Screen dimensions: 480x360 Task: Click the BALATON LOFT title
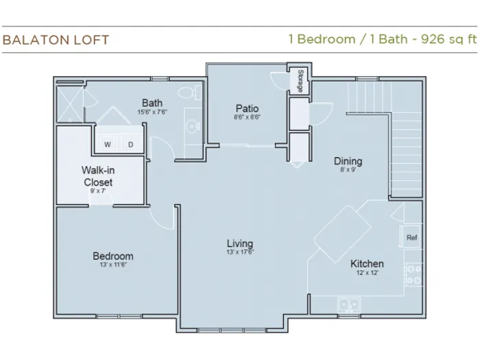(56, 40)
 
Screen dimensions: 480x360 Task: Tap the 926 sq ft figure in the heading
(448, 39)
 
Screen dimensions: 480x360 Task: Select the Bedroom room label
(113, 256)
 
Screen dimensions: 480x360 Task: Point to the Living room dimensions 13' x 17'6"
(240, 252)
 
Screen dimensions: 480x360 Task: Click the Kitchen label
(367, 263)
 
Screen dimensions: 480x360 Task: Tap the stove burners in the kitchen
(413, 274)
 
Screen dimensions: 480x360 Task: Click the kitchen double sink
(349, 305)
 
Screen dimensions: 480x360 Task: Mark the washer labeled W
(107, 143)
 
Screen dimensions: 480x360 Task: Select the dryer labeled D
(131, 143)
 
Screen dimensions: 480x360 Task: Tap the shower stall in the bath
(70, 104)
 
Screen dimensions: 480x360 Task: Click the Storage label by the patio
(300, 81)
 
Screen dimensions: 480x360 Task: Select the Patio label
(247, 108)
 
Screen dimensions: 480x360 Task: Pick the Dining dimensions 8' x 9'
(348, 169)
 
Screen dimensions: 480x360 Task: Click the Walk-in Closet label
(98, 176)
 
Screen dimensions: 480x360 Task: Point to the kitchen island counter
(343, 235)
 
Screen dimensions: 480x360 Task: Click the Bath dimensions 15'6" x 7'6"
(152, 112)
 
